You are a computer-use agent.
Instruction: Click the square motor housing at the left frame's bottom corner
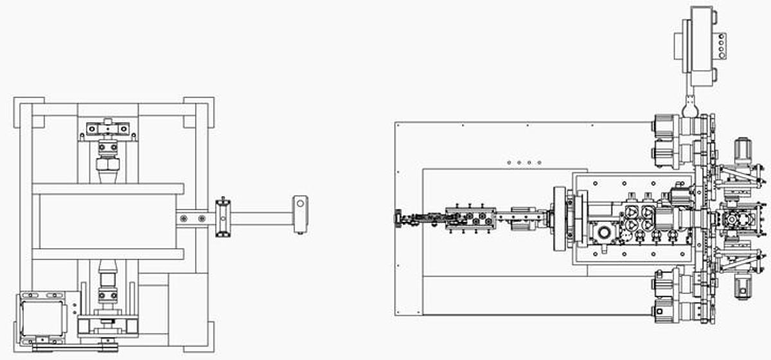[x=42, y=316]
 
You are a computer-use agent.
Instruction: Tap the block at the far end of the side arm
[x=299, y=213]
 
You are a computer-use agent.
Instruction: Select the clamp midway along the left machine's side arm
[x=222, y=217]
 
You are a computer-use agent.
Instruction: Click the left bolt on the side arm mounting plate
[x=184, y=219]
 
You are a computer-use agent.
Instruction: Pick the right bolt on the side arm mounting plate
[x=202, y=219]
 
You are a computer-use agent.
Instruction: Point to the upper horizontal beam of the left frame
[x=107, y=189]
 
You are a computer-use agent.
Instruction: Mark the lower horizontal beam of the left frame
[x=107, y=253]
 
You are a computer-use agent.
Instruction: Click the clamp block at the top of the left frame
[x=107, y=129]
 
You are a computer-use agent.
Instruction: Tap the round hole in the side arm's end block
[x=299, y=204]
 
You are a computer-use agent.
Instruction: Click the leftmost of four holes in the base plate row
[x=509, y=163]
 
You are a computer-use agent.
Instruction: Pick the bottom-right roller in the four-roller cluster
[x=648, y=224]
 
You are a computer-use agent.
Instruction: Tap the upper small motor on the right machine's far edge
[x=743, y=149]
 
